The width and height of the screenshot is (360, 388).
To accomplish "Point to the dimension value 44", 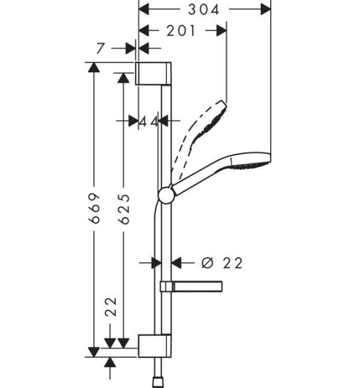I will [x=148, y=121].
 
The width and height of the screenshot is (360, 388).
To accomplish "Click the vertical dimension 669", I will [x=95, y=209].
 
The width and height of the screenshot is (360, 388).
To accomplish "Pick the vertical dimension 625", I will [x=124, y=209].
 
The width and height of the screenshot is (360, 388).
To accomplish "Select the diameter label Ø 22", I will [x=221, y=263].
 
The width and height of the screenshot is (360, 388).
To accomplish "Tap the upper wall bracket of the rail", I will [x=154, y=73].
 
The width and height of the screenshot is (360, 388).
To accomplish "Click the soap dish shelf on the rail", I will [x=192, y=286].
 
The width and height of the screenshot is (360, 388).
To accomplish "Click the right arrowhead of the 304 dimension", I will [x=265, y=10].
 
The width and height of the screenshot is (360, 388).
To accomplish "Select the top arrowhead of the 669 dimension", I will [x=95, y=67].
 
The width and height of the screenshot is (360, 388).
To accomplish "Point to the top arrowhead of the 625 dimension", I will [x=124, y=78].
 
